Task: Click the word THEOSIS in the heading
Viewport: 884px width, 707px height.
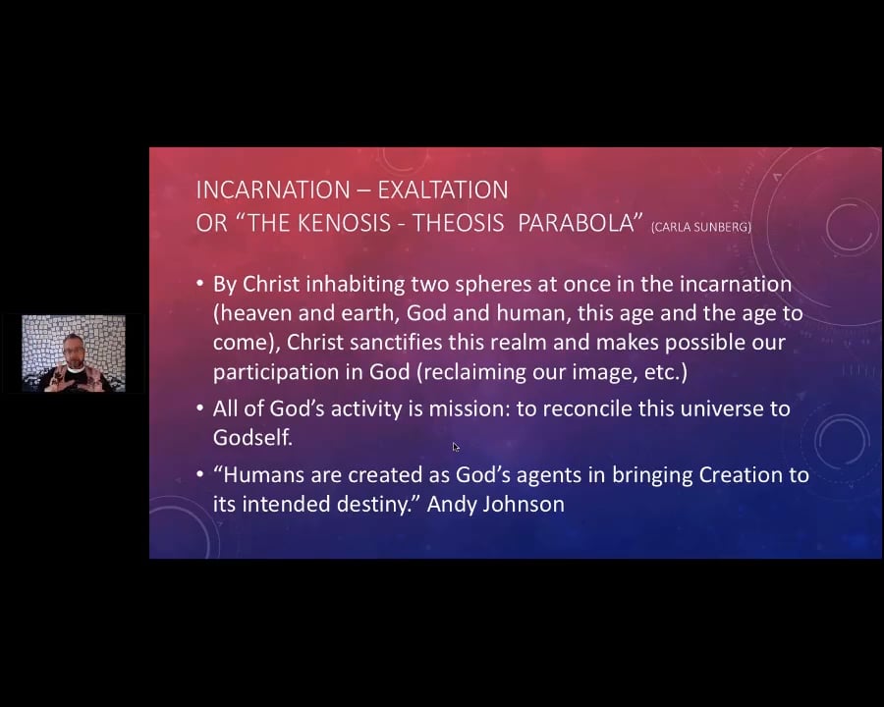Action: pos(459,223)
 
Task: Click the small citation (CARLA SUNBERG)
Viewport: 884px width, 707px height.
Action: pos(700,227)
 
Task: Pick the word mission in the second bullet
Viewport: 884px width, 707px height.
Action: pos(469,408)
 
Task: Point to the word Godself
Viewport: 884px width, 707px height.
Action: pos(252,438)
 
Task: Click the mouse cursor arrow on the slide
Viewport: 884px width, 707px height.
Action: pos(456,447)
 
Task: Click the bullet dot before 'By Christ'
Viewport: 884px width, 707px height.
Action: pos(200,285)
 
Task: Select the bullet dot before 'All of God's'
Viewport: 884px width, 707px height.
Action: pos(200,408)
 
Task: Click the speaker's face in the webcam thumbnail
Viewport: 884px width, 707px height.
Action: pos(73,349)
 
